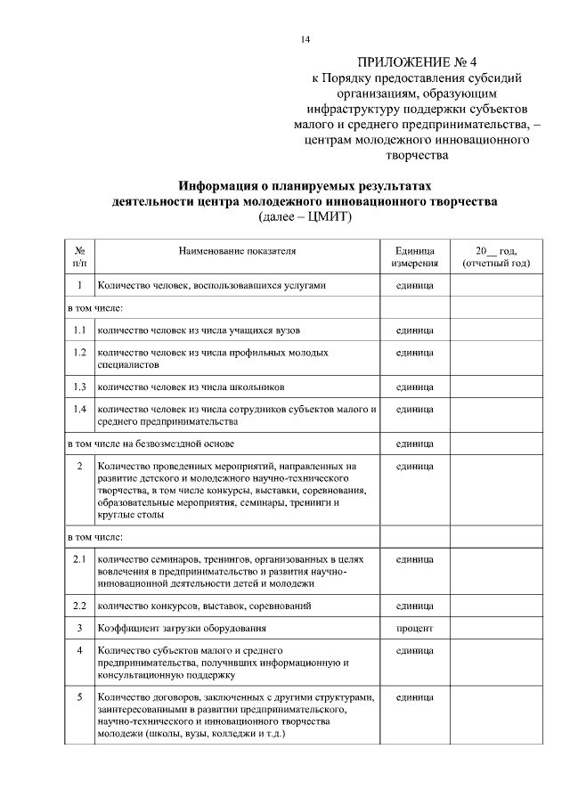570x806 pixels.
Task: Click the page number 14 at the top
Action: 306,39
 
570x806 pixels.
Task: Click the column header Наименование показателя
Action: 237,251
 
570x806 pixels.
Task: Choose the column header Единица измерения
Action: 414,257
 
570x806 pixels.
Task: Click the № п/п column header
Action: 80,257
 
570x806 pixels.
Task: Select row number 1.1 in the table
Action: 80,330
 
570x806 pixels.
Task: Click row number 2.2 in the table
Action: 80,606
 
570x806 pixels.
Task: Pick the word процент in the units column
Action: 414,628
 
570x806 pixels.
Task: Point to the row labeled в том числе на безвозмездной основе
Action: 151,443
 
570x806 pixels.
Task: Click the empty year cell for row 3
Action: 496,628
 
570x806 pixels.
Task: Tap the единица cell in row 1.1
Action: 414,330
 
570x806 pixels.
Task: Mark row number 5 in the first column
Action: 80,696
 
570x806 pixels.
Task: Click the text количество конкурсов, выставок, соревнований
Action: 204,606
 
